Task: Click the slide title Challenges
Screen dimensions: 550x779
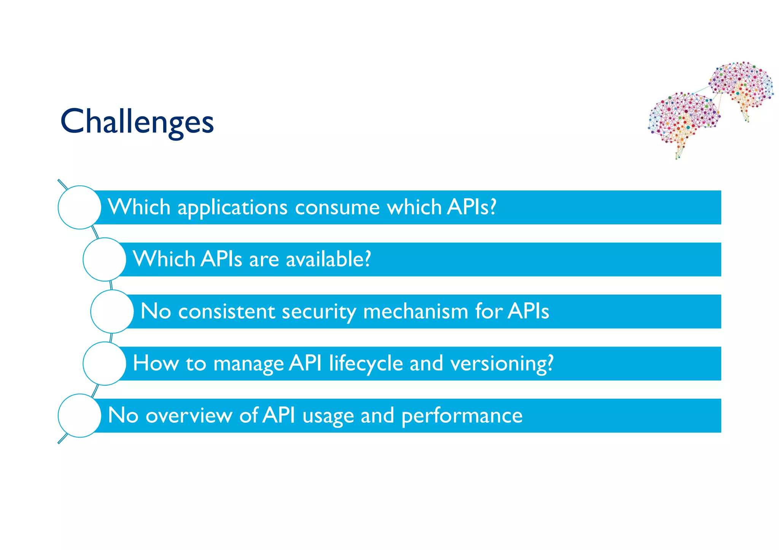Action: (137, 122)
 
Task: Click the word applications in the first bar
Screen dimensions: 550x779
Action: (232, 208)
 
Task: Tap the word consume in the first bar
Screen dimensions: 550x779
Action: (337, 208)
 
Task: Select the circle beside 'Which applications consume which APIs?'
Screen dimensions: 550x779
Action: (79, 207)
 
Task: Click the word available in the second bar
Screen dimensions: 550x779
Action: (328, 260)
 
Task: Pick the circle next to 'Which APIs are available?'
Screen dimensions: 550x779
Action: (104, 259)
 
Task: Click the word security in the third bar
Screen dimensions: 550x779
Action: (319, 312)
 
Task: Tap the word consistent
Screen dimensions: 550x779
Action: (226, 312)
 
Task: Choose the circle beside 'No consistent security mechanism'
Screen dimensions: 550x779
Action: (112, 311)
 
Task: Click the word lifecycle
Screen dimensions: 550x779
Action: (366, 364)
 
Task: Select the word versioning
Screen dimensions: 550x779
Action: (501, 364)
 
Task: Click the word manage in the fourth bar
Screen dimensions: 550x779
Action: (248, 364)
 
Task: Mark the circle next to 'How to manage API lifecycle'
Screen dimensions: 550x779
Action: (104, 364)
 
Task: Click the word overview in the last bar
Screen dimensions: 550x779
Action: (189, 416)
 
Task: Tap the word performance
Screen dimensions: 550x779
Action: (462, 416)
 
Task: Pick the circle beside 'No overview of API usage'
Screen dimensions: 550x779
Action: (79, 416)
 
